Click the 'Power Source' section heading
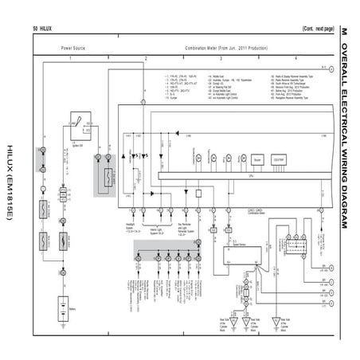point(74,48)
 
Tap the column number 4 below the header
point(295,59)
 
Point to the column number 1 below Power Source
point(70,59)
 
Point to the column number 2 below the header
point(146,59)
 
